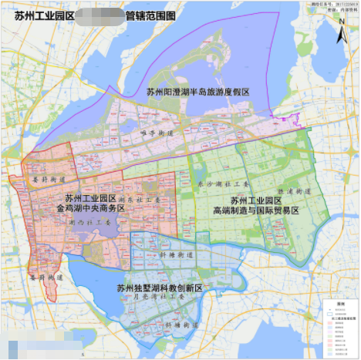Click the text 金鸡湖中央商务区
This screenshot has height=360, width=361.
click(x=90, y=208)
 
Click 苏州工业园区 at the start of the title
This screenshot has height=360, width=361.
click(x=43, y=14)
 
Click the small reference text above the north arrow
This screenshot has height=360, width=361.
click(x=328, y=8)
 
